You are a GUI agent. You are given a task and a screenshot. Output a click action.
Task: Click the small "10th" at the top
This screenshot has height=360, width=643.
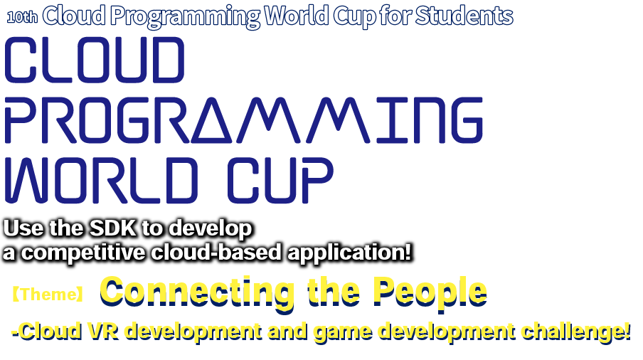22,17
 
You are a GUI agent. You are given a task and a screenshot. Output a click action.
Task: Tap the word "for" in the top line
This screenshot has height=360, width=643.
395,16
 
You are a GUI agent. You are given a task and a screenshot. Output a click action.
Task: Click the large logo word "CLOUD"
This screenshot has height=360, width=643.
95,60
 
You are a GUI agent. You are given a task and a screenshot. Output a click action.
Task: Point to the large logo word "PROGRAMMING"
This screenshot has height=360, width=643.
243,120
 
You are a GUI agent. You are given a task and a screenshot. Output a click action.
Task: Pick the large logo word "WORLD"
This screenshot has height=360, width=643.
101,181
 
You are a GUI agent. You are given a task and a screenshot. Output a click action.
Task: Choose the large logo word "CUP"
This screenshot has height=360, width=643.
280,181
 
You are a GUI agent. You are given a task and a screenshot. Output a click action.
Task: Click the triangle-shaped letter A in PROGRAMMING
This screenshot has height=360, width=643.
213,120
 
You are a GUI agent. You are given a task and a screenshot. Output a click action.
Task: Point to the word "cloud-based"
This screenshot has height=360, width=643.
216,252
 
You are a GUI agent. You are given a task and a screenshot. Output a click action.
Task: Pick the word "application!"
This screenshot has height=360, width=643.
349,253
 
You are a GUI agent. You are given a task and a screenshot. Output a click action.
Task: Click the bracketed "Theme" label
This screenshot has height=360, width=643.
48,295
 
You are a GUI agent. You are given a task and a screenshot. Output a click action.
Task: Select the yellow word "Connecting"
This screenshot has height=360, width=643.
197,292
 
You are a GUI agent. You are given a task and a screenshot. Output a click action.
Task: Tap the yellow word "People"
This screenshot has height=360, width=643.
430,292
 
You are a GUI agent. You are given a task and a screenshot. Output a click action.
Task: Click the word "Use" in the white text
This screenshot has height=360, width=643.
23,228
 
